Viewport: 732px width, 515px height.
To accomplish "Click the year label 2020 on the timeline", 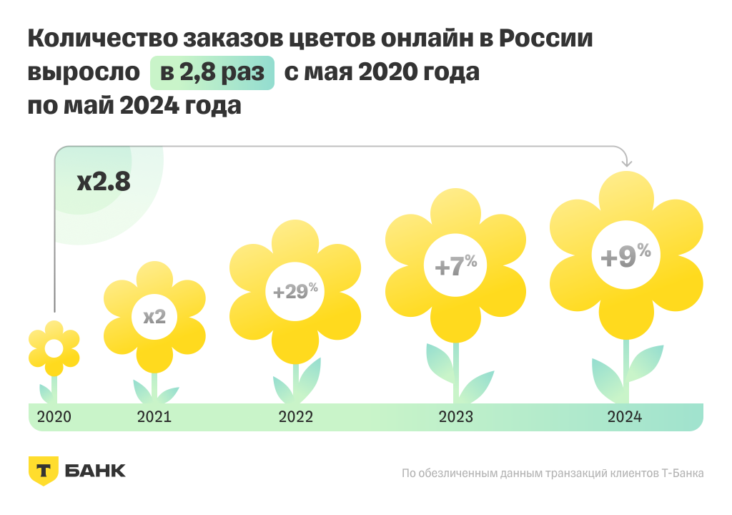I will click(x=54, y=417).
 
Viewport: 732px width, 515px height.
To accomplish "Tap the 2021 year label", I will click(x=154, y=417).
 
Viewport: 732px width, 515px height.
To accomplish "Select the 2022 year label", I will click(x=295, y=417).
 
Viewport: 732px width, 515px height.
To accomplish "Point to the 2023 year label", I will click(x=456, y=417).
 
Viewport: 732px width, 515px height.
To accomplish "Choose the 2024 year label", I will click(x=625, y=417).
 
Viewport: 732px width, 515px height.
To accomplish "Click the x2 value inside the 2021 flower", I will click(x=154, y=316).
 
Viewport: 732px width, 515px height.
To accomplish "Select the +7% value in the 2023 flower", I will click(x=456, y=266).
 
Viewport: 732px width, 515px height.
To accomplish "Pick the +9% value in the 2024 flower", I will click(x=625, y=256).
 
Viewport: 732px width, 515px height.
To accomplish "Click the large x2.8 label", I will click(x=104, y=182).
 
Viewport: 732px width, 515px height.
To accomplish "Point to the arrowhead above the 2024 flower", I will click(x=627, y=162).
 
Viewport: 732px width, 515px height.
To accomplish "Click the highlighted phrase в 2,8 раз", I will click(x=212, y=73).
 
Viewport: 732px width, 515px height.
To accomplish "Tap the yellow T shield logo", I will click(x=44, y=471).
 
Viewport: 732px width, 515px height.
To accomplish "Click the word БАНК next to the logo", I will click(x=94, y=471).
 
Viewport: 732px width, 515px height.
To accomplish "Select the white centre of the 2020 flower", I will click(x=54, y=349).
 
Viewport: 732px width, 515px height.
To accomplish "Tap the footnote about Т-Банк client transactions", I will click(x=553, y=473).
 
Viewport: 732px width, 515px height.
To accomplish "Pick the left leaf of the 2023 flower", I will click(x=439, y=363).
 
